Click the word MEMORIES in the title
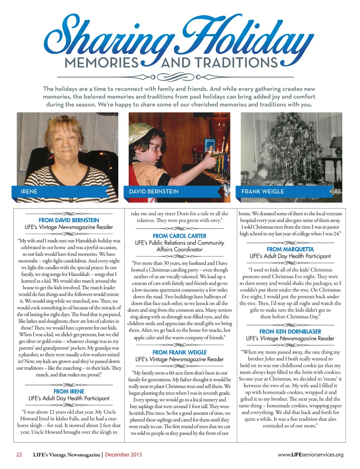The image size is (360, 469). pyautogui.click(x=102, y=63)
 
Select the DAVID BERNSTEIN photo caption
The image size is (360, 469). pyautogui.click(x=154, y=191)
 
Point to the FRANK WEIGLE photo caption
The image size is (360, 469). pyautogui.click(x=263, y=191)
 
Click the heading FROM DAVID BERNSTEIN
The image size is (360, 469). pyautogui.click(x=69, y=220)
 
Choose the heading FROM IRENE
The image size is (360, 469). pyautogui.click(x=69, y=391)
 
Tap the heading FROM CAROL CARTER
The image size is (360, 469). pyautogui.click(x=180, y=236)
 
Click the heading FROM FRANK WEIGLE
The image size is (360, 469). pyautogui.click(x=180, y=352)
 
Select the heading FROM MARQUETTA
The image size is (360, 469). pyautogui.click(x=290, y=249)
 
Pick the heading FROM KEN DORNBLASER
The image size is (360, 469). pyautogui.click(x=290, y=331)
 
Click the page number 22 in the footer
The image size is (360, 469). pyautogui.click(x=19, y=455)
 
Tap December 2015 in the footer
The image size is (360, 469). pyautogui.click(x=123, y=455)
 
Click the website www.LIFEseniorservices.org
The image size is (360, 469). pyautogui.click(x=310, y=455)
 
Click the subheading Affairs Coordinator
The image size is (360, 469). pyautogui.click(x=180, y=249)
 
